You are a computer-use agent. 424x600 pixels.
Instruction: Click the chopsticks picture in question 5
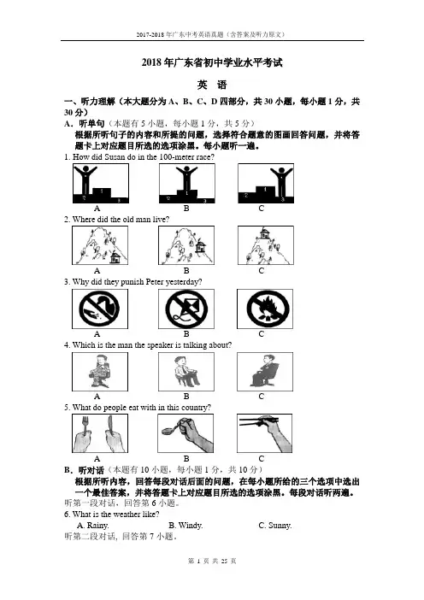tap(264, 433)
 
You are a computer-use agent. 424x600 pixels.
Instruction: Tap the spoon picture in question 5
tap(185, 433)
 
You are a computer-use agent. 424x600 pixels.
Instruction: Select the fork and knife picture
tap(100, 433)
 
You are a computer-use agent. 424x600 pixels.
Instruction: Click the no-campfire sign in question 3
tap(265, 309)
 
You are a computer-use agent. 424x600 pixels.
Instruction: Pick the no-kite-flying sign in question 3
tap(186, 309)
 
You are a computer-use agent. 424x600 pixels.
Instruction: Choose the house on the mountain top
tap(263, 232)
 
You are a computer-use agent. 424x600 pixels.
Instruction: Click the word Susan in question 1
tap(115, 157)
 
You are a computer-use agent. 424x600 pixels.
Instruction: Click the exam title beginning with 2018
tap(212, 62)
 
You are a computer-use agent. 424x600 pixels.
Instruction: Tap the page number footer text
tap(212, 561)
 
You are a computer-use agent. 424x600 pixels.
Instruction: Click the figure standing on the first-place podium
tap(186, 178)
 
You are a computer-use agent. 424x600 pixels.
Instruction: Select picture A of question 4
tap(100, 372)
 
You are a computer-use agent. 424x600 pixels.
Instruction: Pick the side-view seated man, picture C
tap(265, 372)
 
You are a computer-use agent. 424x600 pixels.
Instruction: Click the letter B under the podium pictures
tap(186, 209)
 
